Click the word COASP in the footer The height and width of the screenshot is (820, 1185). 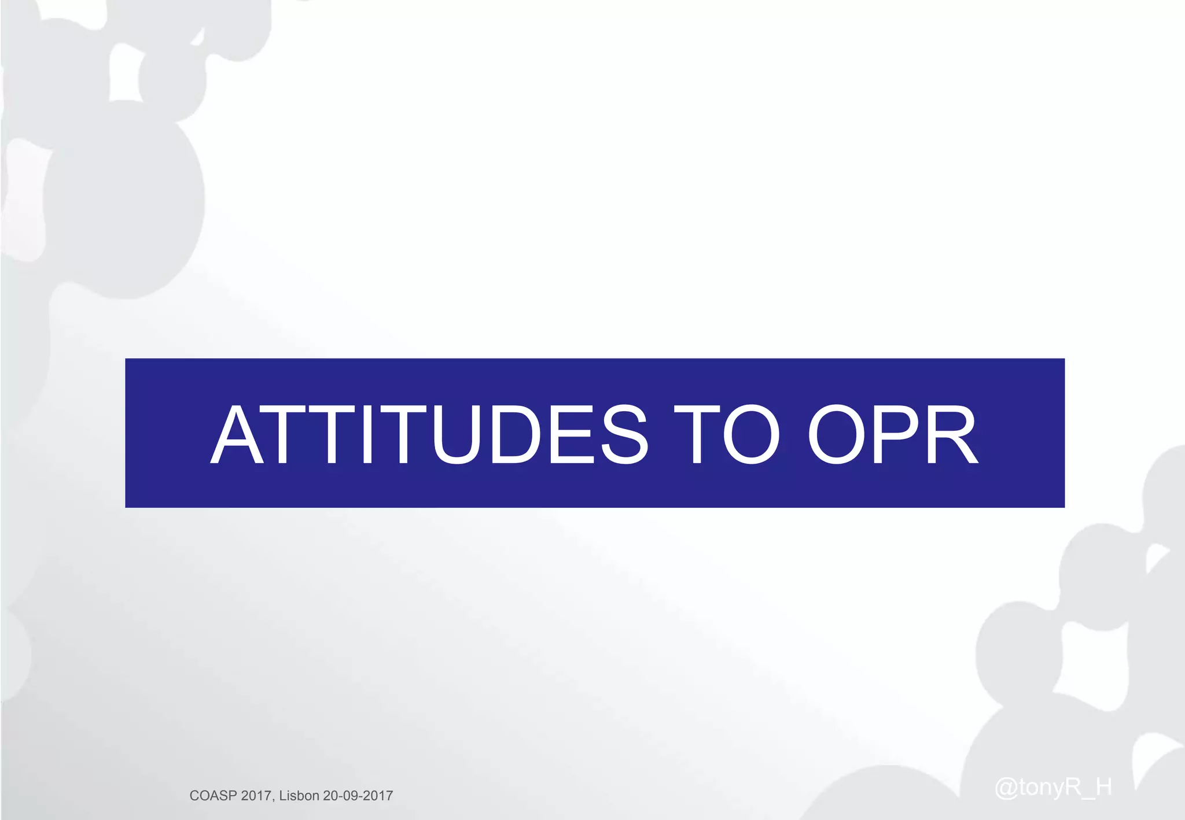(x=213, y=796)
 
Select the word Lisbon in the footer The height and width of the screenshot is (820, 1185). (x=299, y=796)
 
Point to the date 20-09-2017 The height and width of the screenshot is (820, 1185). (x=358, y=796)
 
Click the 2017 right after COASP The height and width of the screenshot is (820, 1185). (x=256, y=796)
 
